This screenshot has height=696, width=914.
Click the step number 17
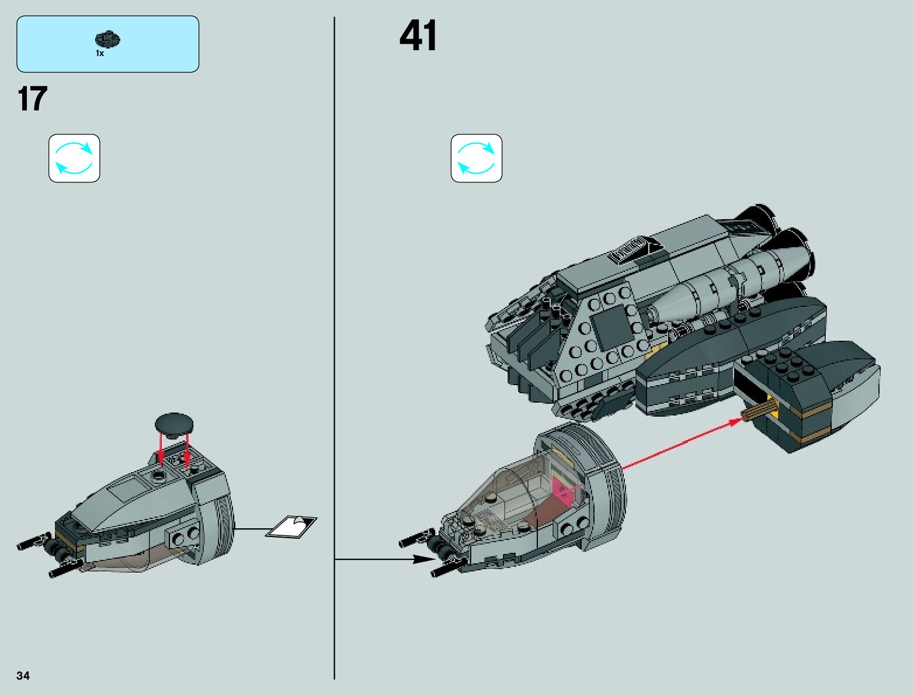[x=33, y=99]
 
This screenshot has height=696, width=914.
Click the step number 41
[x=418, y=36]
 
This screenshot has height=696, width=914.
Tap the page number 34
[x=23, y=676]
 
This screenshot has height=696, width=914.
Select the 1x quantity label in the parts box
[x=100, y=54]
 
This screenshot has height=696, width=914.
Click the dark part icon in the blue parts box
[x=108, y=40]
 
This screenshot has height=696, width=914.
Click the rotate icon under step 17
[x=74, y=158]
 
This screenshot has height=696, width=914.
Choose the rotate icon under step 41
[x=476, y=158]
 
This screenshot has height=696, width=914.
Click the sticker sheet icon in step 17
[x=291, y=526]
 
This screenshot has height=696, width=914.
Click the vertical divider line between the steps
[x=335, y=351]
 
